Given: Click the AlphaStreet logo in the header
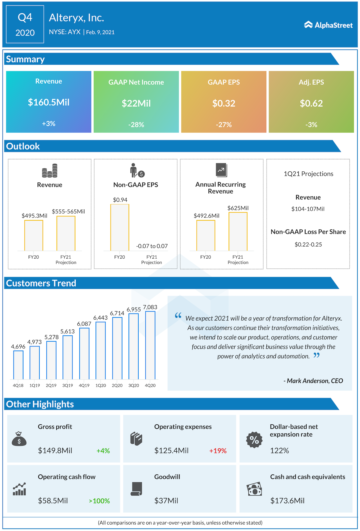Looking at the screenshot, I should click(x=328, y=25).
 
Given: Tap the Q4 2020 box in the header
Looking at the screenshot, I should click(x=25, y=24).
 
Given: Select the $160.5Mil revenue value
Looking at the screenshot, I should click(x=49, y=102).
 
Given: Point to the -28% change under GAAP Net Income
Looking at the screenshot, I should click(x=136, y=125).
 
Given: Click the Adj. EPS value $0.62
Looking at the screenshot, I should click(x=311, y=104).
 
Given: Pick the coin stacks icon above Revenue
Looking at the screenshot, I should click(x=50, y=171).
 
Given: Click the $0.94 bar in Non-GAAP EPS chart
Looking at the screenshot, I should click(x=120, y=227).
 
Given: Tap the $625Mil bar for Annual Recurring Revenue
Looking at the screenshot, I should click(x=238, y=231).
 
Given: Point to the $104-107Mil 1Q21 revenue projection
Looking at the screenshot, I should click(x=308, y=209).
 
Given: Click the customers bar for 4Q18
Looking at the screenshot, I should click(x=18, y=365).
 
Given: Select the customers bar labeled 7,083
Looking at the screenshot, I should click(x=150, y=345).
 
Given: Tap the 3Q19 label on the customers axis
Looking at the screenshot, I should click(x=67, y=386).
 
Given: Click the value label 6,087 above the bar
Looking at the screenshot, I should click(x=84, y=324).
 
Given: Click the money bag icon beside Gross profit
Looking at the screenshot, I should click(x=19, y=439).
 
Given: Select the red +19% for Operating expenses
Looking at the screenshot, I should click(x=218, y=451).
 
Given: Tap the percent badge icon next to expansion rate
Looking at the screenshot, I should click(x=254, y=440).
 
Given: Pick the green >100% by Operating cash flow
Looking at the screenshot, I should click(x=99, y=501).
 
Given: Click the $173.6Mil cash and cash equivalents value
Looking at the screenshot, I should click(x=287, y=501).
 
